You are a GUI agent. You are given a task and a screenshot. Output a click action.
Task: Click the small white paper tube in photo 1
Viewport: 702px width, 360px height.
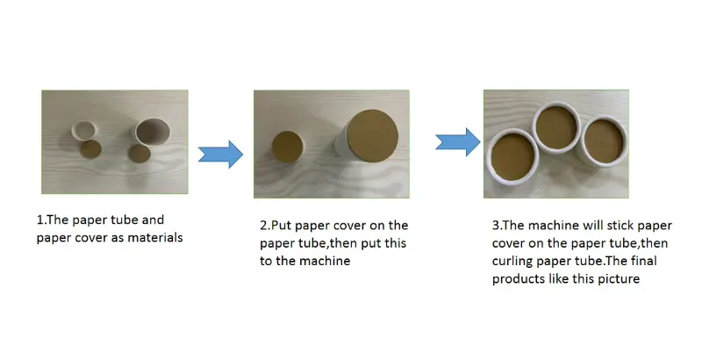(x=85, y=131)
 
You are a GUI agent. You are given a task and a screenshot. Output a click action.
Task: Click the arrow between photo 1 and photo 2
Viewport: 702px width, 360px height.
(x=219, y=155)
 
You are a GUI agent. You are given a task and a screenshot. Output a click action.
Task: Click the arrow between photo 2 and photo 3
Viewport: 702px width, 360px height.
(x=458, y=140)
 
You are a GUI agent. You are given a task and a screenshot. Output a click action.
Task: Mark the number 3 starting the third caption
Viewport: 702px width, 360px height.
(x=496, y=227)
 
